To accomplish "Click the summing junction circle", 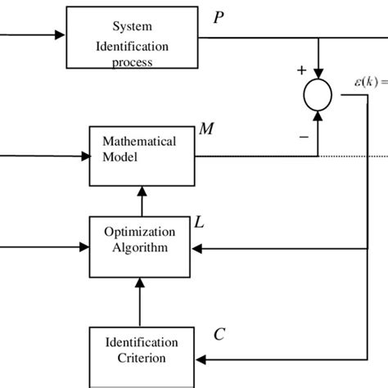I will click(x=318, y=96).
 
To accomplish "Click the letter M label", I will click(x=208, y=129).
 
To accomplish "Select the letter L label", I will click(x=198, y=221).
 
